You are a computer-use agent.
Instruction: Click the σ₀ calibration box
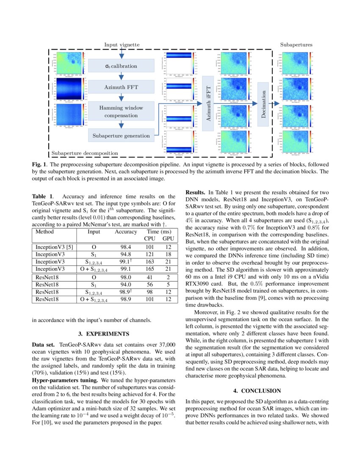(121, 66)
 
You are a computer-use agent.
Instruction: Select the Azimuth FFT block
(121, 87)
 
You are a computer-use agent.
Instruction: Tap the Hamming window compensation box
(121, 111)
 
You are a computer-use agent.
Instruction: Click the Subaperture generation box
(121, 136)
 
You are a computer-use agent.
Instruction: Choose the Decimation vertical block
(263, 102)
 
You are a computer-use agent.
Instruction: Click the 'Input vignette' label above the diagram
(122, 44)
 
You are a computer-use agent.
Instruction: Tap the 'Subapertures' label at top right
(296, 44)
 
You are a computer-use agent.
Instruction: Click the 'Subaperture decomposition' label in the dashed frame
(85, 153)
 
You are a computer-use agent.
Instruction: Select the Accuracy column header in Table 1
(126, 232)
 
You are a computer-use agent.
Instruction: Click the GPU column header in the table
(168, 239)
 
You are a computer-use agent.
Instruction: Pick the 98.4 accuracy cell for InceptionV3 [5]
(126, 247)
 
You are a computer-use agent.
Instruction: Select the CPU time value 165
(150, 269)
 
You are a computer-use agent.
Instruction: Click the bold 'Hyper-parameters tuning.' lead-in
(64, 380)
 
